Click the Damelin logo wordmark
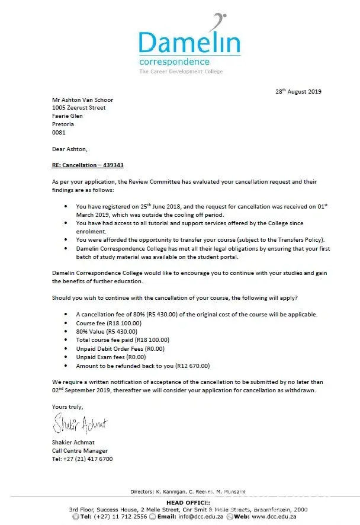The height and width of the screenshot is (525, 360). pos(189,42)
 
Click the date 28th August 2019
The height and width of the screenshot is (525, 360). pos(298,91)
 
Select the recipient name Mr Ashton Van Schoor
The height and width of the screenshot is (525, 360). pos(82,100)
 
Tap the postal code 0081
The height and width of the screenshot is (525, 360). pos(59,133)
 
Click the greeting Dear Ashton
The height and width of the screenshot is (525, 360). pos(69,149)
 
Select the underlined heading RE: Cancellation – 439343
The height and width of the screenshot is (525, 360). pos(88,166)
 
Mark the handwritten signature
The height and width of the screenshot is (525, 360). pos(80,424)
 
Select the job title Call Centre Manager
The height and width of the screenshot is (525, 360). pos(80,451)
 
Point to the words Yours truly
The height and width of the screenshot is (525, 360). pos(67,407)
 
